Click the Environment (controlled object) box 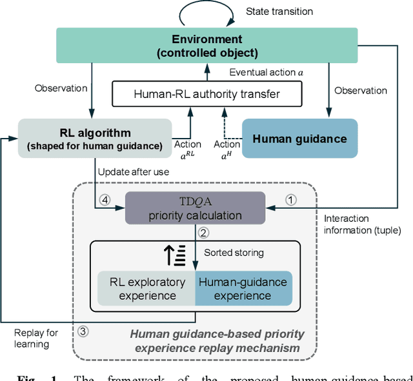click(206, 45)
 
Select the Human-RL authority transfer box click(206, 94)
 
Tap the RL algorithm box click(95, 138)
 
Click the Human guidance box click(299, 139)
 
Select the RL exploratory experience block click(146, 289)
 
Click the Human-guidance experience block click(243, 289)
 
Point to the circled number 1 click(290, 200)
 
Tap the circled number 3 click(83, 332)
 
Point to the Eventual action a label click(266, 73)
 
